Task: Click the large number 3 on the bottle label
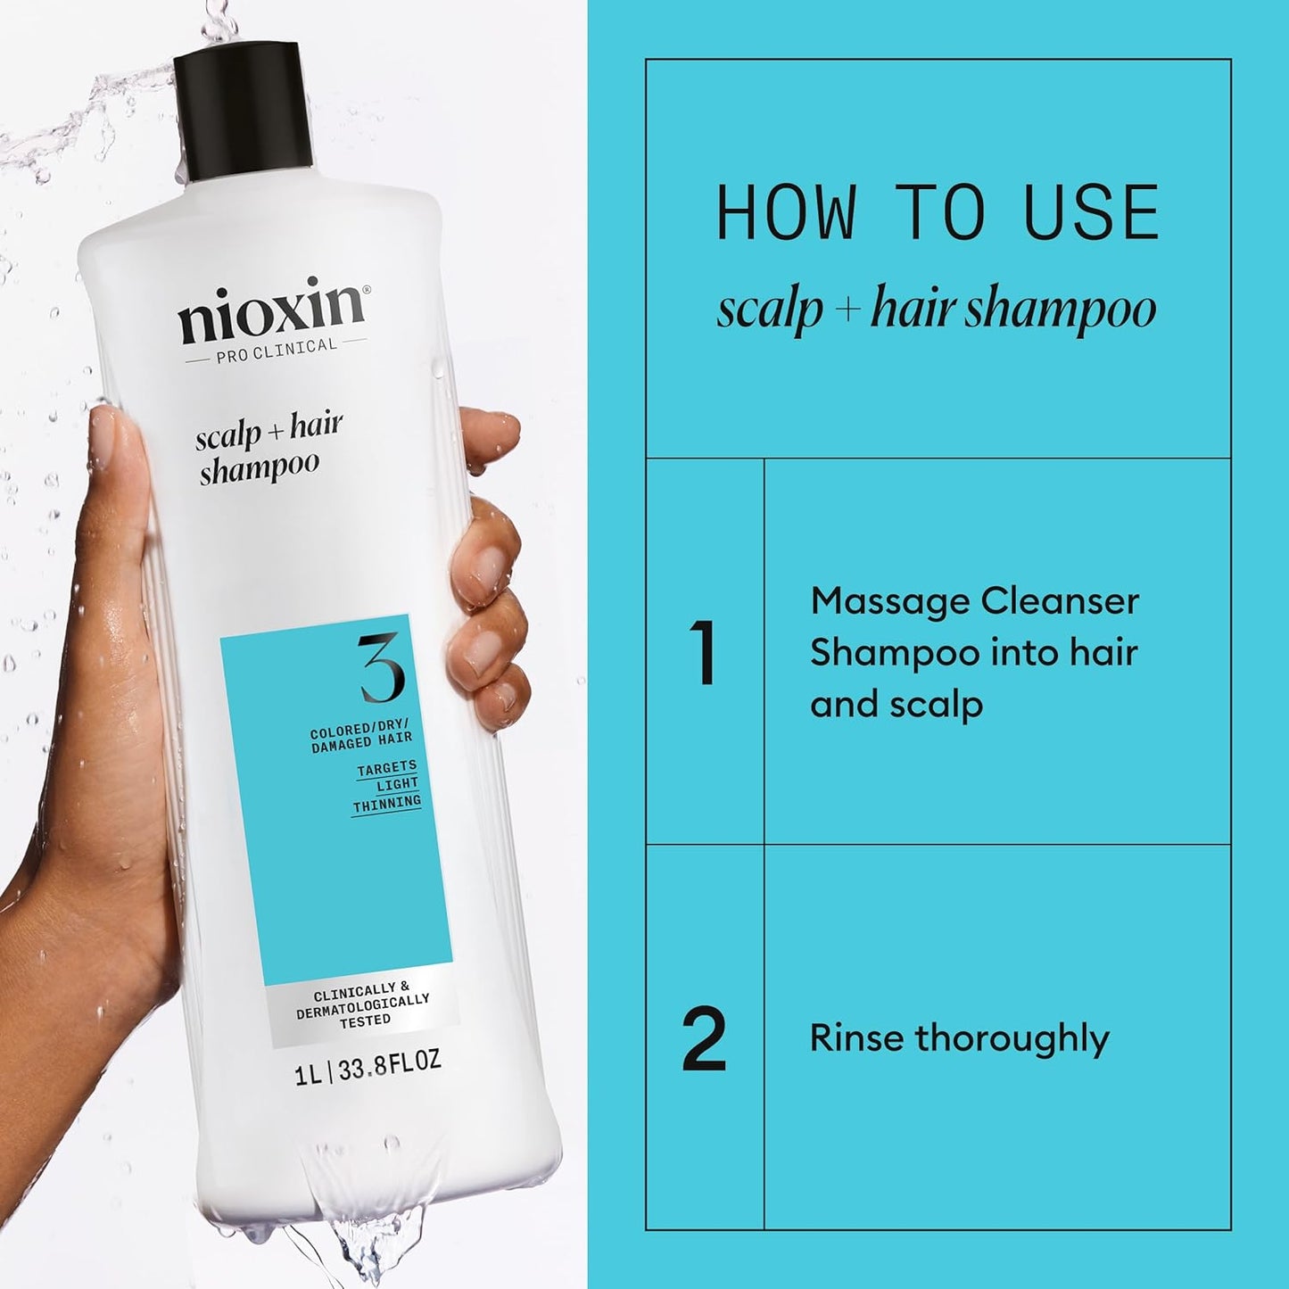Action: [x=382, y=669]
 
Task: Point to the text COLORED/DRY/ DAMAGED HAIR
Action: [x=360, y=738]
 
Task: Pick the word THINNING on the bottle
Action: [x=386, y=804]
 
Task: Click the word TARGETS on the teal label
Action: [x=386, y=768]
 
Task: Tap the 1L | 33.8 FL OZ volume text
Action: [x=368, y=1068]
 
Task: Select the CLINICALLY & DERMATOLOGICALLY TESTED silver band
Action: [x=364, y=1004]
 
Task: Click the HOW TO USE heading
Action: [x=938, y=213]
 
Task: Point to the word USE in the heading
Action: [x=1091, y=213]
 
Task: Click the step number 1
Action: [x=703, y=653]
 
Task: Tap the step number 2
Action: [x=704, y=1039]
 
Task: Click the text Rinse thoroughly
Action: [x=959, y=1039]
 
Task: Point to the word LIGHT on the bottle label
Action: [x=397, y=785]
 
